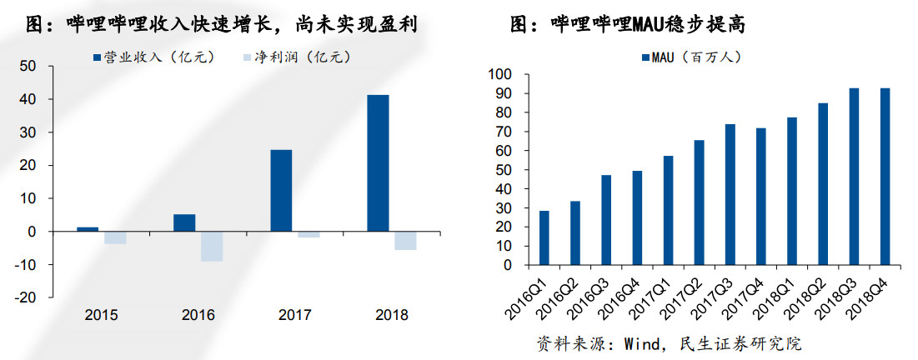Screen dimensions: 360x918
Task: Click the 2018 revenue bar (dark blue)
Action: (x=378, y=163)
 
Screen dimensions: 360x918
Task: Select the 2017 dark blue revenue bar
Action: (x=281, y=190)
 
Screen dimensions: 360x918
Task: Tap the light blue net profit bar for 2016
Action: (x=212, y=246)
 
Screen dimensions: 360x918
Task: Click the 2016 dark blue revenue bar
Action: (x=184, y=222)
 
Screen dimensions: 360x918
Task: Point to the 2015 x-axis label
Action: (x=101, y=315)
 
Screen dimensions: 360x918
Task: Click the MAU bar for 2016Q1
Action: (x=544, y=238)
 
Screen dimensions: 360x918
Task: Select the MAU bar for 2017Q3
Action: (x=730, y=195)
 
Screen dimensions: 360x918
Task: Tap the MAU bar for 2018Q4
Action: (x=885, y=177)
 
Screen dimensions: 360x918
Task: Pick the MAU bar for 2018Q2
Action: (x=823, y=184)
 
